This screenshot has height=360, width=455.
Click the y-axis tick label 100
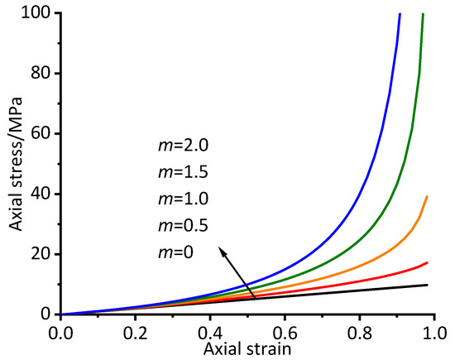41,13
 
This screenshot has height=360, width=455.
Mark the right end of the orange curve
427,196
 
